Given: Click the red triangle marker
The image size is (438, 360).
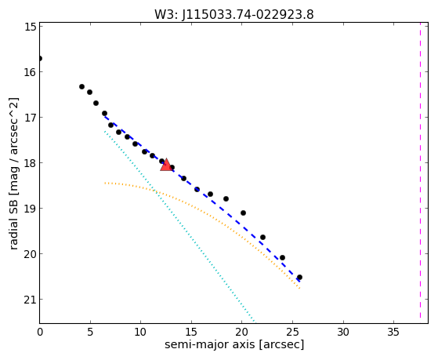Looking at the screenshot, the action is [x=166, y=165].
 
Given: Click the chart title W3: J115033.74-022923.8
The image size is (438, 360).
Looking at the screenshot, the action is [x=234, y=14].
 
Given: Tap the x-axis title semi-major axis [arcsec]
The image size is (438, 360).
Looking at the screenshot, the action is [x=234, y=344].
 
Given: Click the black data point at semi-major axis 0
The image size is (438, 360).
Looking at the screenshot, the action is [x=40, y=59].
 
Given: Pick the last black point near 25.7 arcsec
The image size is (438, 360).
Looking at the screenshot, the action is [x=299, y=277].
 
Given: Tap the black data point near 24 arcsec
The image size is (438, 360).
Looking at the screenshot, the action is [x=282, y=257].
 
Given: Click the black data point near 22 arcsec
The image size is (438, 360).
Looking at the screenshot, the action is [x=262, y=237].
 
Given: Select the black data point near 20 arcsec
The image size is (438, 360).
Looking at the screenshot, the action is [x=243, y=213].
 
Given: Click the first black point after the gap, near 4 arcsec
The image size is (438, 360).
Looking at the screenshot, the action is [x=81, y=87].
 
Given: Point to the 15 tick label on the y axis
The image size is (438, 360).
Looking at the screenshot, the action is [x=30, y=27].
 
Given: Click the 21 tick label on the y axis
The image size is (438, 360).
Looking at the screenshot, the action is [x=30, y=300].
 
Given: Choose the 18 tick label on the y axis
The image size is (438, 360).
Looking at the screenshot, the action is [x=30, y=163].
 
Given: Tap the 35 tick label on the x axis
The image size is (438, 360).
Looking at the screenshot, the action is [x=394, y=332].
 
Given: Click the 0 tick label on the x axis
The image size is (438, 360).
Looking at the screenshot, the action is [x=40, y=332].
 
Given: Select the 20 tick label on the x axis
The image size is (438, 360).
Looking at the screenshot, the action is [x=242, y=332].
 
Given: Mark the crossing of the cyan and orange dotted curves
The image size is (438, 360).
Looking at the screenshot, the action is [x=154, y=191].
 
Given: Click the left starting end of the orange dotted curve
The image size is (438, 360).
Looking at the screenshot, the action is [x=105, y=183].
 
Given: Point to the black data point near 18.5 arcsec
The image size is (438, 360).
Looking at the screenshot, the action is [x=226, y=199].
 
